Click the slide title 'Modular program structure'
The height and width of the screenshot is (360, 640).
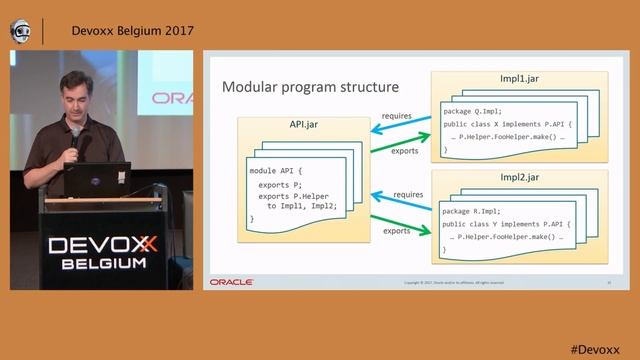[310, 87]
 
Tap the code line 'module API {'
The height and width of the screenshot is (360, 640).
[276, 171]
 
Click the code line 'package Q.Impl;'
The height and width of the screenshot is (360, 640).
[474, 111]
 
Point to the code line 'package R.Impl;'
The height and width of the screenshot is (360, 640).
[474, 211]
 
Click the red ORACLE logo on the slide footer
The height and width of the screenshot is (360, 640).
[231, 283]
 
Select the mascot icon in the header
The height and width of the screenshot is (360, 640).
[20, 30]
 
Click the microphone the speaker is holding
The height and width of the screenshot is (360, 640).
[75, 135]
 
